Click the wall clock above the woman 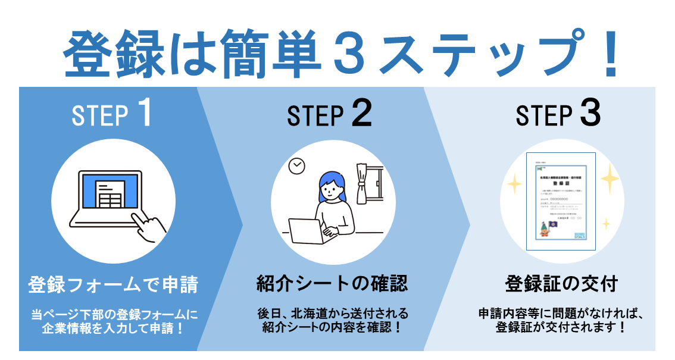(296, 167)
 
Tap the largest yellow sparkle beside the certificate (608, 177)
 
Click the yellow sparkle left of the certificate (513, 186)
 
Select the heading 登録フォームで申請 (112, 284)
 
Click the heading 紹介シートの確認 (332, 283)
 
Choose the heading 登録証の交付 (561, 283)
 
